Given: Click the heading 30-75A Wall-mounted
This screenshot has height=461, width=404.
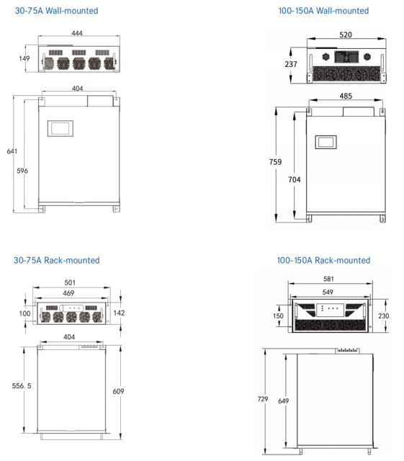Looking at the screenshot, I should coord(56,12).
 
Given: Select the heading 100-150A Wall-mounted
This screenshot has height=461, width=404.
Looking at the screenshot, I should coord(323,12).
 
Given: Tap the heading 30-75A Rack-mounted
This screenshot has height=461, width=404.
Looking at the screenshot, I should coord(57,260).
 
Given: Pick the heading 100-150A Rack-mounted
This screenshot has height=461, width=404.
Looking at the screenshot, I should coord(323,260).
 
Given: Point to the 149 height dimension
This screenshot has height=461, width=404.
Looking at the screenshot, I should coord(24,59).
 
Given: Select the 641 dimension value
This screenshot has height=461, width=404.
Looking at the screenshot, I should coord(12,151).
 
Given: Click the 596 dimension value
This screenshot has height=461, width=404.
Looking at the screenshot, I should coord(22,171).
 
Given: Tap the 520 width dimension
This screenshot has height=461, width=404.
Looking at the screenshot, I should coord(346,35).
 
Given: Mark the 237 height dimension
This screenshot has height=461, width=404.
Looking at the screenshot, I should coord(291,64).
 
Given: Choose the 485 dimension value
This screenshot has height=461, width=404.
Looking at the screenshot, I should coord(345,96).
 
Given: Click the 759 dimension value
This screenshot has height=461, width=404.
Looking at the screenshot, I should coord(276,162).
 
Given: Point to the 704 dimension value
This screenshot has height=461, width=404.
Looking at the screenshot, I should coord(294,179).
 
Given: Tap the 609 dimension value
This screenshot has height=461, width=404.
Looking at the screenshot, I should coord(118,391).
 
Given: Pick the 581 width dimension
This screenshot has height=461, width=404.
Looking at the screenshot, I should coord(328,279).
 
